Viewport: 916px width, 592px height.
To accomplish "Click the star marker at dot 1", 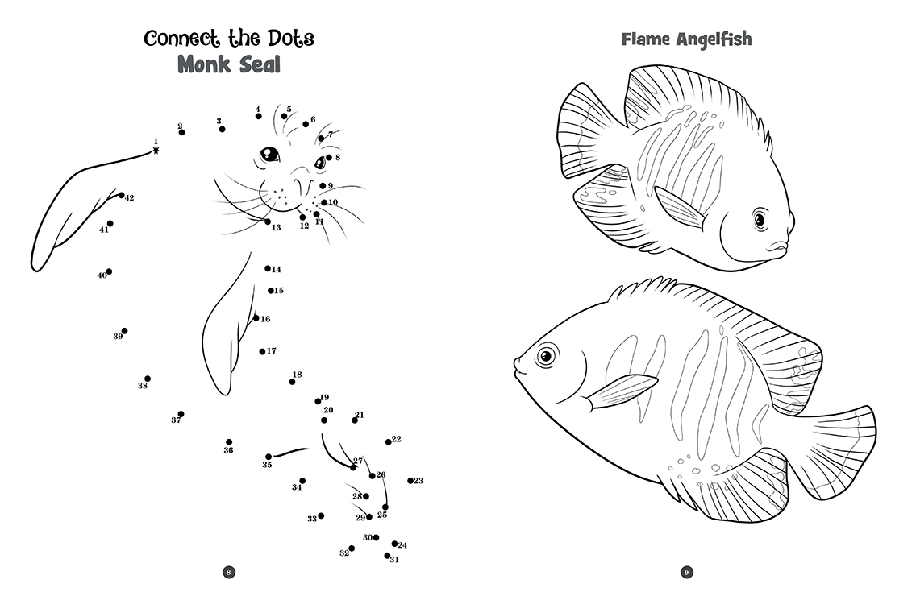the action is (156, 150).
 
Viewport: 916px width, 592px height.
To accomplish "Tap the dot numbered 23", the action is (410, 481).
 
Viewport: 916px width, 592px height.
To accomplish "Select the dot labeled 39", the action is (124, 331).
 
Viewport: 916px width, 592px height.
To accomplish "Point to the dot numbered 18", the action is (292, 382).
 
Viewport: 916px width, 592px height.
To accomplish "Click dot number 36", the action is (229, 442).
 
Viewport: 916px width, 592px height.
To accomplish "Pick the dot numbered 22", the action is (389, 442).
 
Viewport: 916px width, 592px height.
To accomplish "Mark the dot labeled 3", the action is (222, 129).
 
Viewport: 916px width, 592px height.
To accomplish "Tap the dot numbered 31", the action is (387, 556).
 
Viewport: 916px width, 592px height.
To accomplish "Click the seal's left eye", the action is (269, 154).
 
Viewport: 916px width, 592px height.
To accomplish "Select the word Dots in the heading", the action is (291, 39).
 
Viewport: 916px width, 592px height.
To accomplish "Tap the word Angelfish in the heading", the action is (714, 39).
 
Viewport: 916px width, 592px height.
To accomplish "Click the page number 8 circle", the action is (229, 572).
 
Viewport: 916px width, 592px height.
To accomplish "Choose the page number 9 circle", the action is (687, 572).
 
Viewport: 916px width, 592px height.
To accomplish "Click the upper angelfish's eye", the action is (760, 219).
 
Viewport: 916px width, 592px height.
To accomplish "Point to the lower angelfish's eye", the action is (546, 355).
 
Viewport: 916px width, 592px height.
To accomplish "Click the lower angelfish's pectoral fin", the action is (622, 391).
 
